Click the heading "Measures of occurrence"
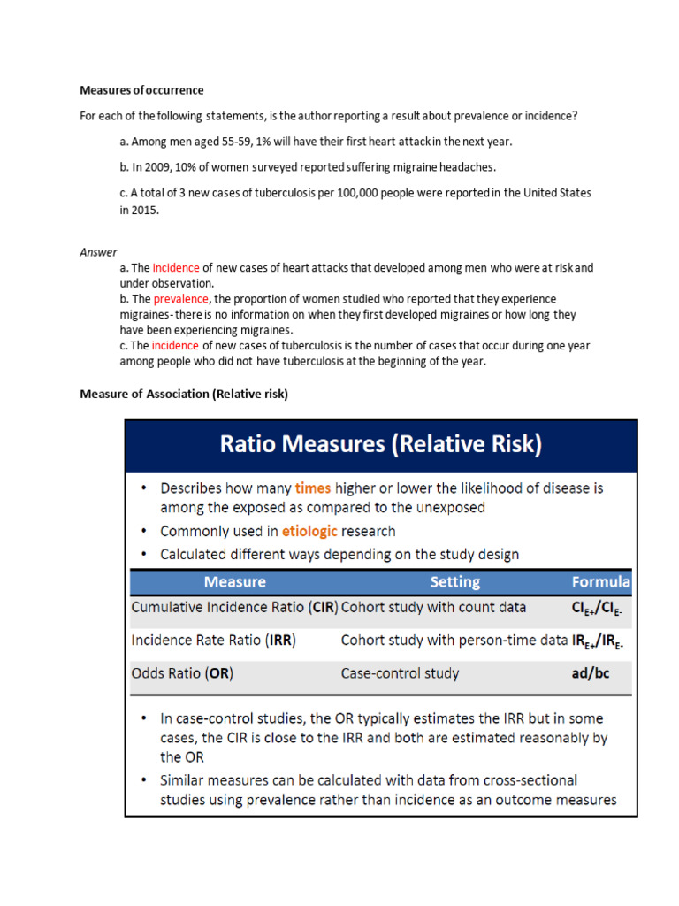click(x=141, y=90)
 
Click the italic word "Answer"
click(x=98, y=252)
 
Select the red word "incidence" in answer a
click(x=176, y=267)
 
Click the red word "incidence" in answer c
click(x=175, y=345)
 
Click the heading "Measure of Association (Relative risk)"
click(x=184, y=394)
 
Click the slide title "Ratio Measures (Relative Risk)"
click(x=379, y=444)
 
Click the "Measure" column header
click(x=234, y=582)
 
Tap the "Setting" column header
click(x=454, y=582)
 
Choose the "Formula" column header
click(x=601, y=582)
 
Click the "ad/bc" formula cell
click(x=591, y=673)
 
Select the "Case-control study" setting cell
click(x=400, y=673)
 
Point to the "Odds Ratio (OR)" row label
click(x=182, y=673)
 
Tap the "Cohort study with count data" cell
click(x=433, y=608)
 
